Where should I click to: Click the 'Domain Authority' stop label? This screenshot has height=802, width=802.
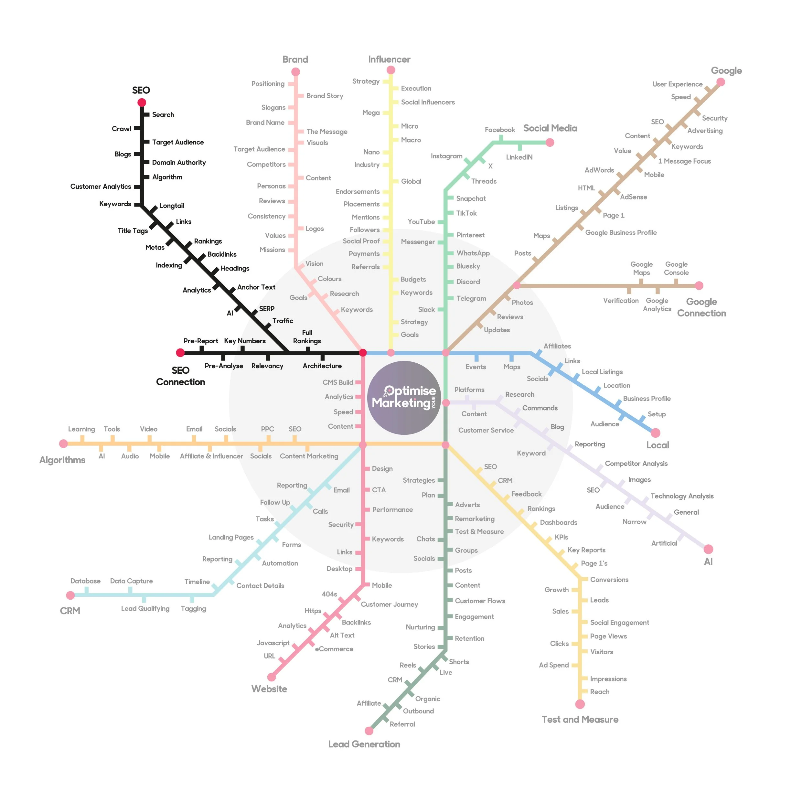[x=178, y=163]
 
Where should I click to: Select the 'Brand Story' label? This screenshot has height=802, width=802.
[x=325, y=96]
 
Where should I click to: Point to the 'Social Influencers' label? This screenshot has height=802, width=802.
[x=428, y=102]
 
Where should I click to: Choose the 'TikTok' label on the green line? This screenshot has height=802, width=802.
[x=466, y=213]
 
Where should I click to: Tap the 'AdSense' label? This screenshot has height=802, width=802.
[x=633, y=197]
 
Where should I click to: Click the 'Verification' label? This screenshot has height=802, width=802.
[x=621, y=301]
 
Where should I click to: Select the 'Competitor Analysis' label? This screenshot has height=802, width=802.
[x=636, y=464]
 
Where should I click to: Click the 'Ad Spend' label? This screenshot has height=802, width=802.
[x=553, y=665]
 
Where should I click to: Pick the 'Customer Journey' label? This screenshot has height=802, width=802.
[x=389, y=604]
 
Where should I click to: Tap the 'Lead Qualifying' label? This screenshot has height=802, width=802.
[x=145, y=609]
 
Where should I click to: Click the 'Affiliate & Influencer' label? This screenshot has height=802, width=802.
[x=211, y=456]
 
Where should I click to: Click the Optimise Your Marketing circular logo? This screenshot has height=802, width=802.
[x=404, y=398]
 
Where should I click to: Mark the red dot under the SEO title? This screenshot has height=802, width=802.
[x=142, y=102]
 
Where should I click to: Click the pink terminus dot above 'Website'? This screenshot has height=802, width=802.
[x=272, y=677]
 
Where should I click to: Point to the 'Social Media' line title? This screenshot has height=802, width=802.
[x=550, y=128]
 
